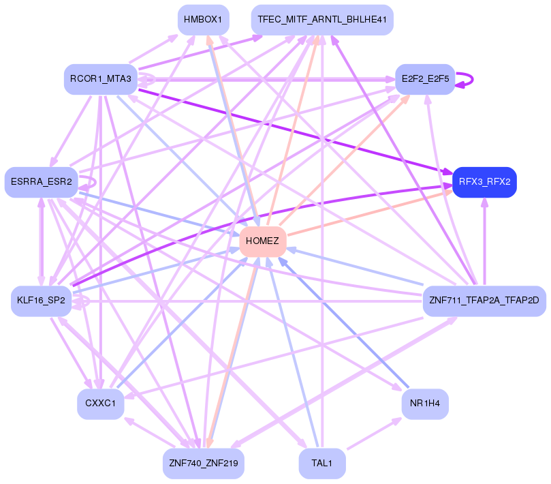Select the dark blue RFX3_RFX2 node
click(x=484, y=182)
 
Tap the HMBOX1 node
click(x=203, y=20)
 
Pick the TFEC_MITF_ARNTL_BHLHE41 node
click(x=322, y=20)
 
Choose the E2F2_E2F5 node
click(x=425, y=79)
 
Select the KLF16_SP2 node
click(x=42, y=301)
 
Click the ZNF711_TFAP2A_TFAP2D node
click(x=484, y=301)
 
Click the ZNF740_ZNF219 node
click(x=203, y=464)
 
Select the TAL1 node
click(x=321, y=464)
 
